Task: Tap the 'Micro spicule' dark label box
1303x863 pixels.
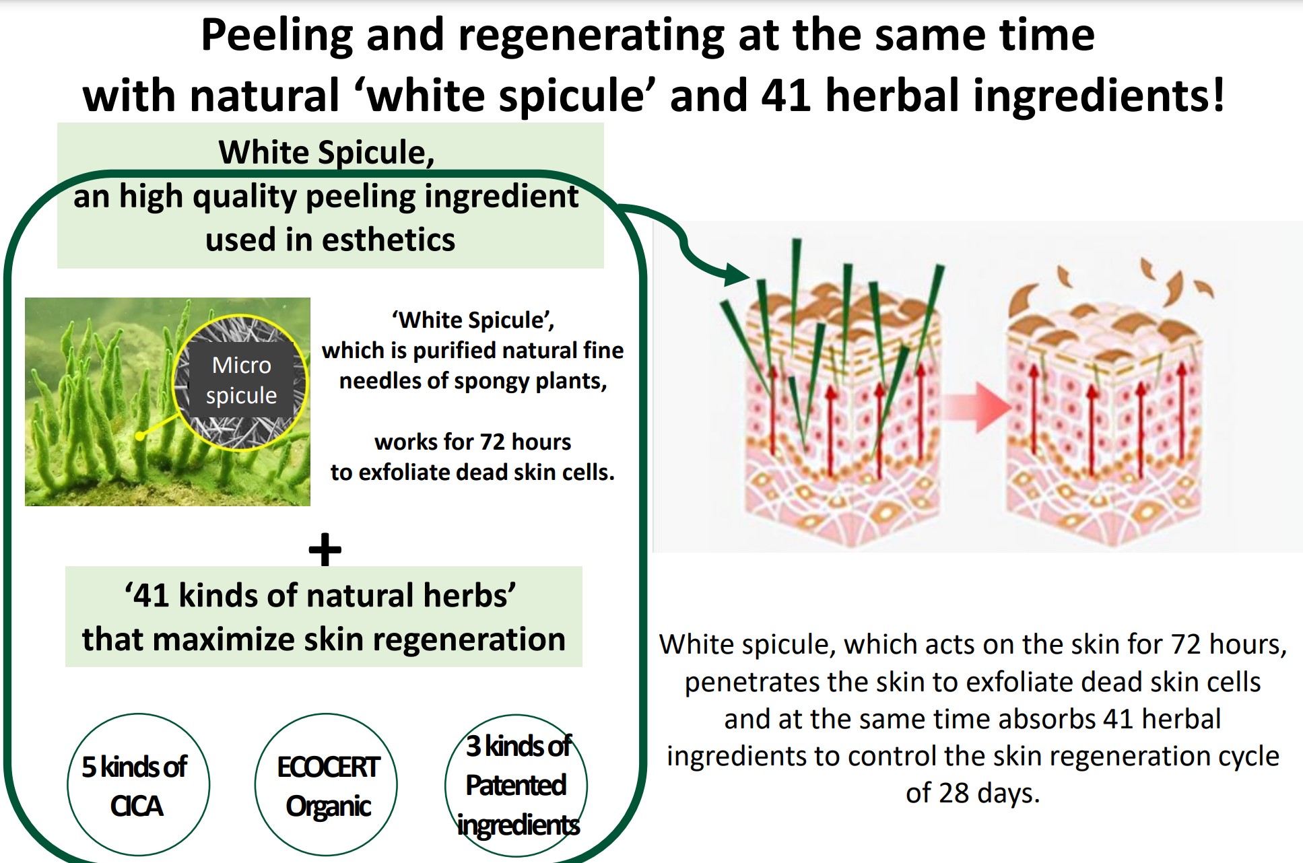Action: point(241,380)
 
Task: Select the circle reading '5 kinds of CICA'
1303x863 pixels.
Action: point(138,785)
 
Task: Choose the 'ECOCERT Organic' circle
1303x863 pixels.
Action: point(326,785)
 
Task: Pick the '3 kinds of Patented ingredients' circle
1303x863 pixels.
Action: point(516,785)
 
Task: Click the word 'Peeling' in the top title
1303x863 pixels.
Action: point(277,36)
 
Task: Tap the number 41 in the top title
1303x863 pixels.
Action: point(786,95)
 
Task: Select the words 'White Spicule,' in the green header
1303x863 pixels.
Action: point(327,152)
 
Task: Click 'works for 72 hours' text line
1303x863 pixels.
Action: point(473,442)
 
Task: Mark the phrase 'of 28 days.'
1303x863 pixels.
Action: point(972,793)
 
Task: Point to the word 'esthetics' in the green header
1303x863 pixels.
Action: point(389,240)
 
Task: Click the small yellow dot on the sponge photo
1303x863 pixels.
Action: point(139,436)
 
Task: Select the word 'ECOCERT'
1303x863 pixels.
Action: point(329,767)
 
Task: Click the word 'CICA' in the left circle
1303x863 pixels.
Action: point(137,806)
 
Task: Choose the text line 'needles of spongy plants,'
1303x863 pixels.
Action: point(473,382)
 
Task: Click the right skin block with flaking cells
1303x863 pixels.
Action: point(1104,411)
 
